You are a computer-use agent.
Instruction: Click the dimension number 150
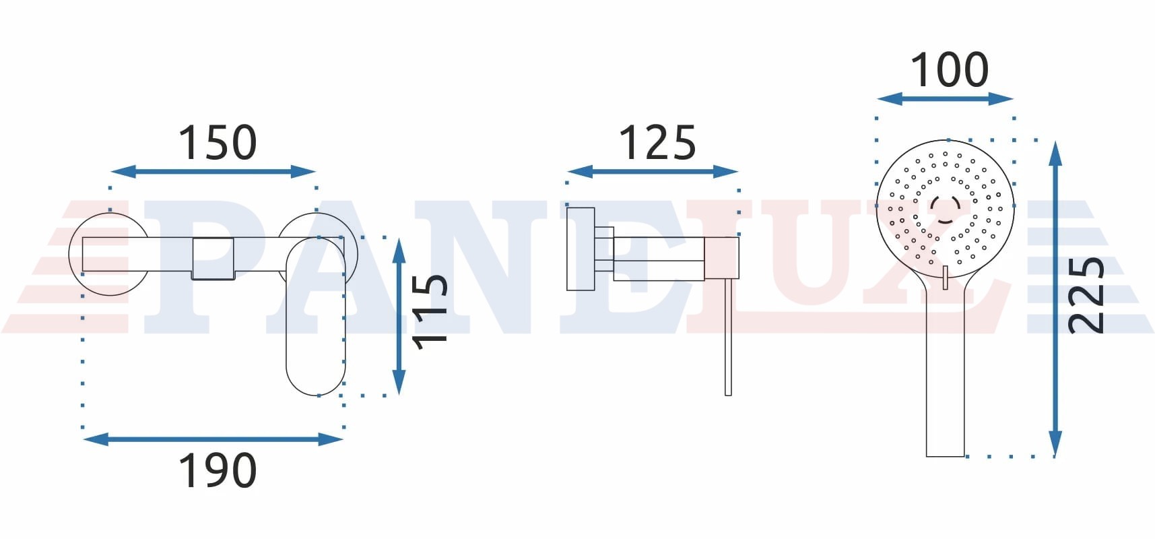(217, 142)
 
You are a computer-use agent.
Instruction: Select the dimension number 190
(217, 470)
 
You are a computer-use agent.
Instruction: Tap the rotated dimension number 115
(430, 311)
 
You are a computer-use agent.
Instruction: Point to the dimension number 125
(657, 142)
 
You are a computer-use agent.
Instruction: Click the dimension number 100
(950, 69)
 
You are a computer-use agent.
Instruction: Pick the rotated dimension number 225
(1086, 294)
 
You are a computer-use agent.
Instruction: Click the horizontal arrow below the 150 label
(213, 172)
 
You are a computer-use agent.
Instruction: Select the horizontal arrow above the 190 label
(213, 439)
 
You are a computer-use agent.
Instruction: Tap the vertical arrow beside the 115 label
(399, 316)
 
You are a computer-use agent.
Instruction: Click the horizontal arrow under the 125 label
(653, 172)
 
